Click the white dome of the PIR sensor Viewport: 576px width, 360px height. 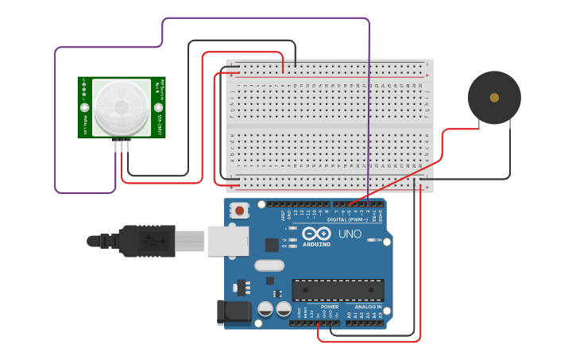click(x=122, y=107)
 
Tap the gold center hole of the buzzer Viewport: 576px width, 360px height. click(x=494, y=98)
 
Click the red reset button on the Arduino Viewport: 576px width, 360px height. click(x=238, y=211)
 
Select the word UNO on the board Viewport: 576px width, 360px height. click(x=350, y=234)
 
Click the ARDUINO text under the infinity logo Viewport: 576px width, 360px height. click(x=316, y=244)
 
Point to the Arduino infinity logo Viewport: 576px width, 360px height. click(x=315, y=234)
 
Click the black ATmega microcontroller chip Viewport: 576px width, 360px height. click(x=338, y=290)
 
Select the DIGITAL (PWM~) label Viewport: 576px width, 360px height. click(x=347, y=219)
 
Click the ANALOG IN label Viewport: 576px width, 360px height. click(x=368, y=306)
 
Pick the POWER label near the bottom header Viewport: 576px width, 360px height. click(x=330, y=306)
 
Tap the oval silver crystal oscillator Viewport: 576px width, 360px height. click(x=269, y=265)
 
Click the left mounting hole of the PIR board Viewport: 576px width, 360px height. click(x=83, y=107)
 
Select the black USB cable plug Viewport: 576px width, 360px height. click(x=147, y=240)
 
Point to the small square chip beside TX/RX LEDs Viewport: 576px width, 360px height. click(x=272, y=245)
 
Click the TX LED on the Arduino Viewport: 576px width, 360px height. click(x=293, y=238)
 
